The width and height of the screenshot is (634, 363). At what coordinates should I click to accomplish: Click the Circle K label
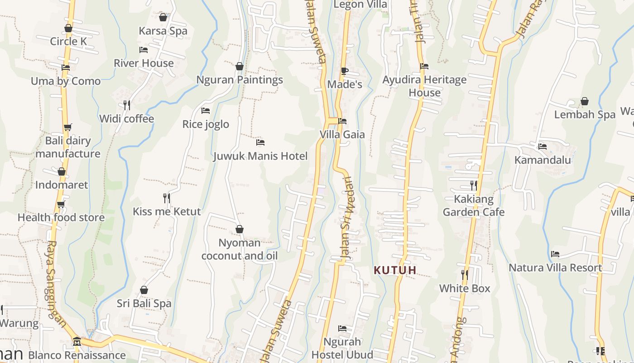[68, 41]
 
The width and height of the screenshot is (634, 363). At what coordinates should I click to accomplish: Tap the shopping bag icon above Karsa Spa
[163, 17]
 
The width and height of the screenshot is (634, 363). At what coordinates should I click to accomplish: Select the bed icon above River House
[144, 49]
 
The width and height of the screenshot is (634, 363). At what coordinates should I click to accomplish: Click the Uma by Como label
[66, 81]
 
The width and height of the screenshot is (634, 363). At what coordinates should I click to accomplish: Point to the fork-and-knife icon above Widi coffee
[127, 105]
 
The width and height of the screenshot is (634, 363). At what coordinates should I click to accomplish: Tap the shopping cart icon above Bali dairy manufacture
[67, 128]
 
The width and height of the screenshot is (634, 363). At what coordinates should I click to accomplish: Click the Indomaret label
[62, 185]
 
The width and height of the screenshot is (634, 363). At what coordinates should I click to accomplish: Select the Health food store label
[61, 217]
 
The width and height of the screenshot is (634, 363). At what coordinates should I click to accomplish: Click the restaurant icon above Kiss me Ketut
[167, 198]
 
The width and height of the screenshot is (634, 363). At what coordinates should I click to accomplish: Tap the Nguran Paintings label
[240, 80]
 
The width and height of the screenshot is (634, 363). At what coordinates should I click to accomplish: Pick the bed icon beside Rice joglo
[206, 111]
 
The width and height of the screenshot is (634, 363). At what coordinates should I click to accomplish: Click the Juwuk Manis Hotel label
[260, 156]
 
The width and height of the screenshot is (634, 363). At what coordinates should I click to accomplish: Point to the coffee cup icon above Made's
[344, 71]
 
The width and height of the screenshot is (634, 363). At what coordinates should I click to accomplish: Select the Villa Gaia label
[342, 134]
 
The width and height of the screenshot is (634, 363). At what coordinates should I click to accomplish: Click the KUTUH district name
[395, 270]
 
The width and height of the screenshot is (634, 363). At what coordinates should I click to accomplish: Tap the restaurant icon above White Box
[464, 275]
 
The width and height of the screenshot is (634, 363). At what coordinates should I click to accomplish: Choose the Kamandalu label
[543, 160]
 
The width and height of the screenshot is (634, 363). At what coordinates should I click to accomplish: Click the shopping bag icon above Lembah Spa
[585, 101]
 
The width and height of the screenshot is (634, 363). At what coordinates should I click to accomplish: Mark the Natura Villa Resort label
[555, 268]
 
